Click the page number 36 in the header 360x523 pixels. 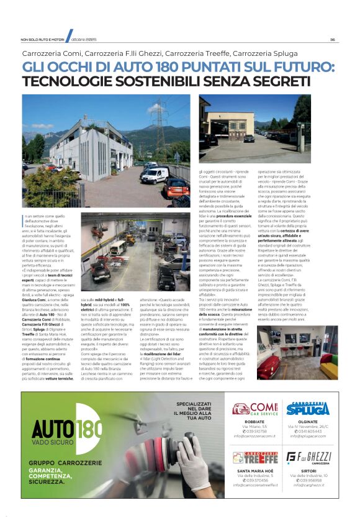point(333,39)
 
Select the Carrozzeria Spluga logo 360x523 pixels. point(308,409)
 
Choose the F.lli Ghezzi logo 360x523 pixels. point(308,458)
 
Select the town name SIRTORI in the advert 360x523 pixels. point(308,473)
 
